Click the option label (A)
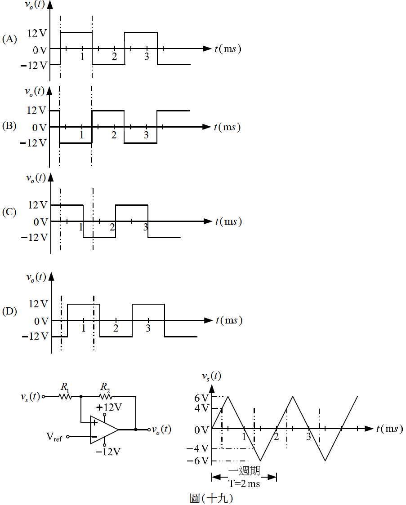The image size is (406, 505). pyautogui.click(x=9, y=39)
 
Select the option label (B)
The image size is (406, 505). pyautogui.click(x=9, y=126)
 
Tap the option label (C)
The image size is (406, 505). pyautogui.click(x=9, y=212)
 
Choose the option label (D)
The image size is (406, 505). pyautogui.click(x=9, y=311)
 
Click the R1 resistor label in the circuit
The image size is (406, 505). pyautogui.click(x=65, y=387)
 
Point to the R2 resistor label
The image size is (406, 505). pyautogui.click(x=105, y=387)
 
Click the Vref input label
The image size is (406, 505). pyautogui.click(x=54, y=437)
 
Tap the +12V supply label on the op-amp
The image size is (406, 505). pyautogui.click(x=109, y=408)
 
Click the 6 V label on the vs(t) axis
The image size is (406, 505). pyautogui.click(x=201, y=398)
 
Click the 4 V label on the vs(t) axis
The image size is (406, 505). pyautogui.click(x=201, y=408)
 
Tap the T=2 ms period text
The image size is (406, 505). pyautogui.click(x=244, y=483)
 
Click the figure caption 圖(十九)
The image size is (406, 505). pyautogui.click(x=211, y=498)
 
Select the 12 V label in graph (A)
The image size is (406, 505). pyautogui.click(x=37, y=33)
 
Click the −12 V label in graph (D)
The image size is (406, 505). pyautogui.click(x=35, y=337)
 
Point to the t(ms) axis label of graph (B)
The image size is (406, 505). pyautogui.click(x=227, y=127)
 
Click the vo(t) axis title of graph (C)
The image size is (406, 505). pyautogui.click(x=36, y=178)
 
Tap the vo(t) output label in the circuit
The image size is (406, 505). pyautogui.click(x=161, y=430)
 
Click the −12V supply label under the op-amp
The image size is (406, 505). pyautogui.click(x=108, y=452)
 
